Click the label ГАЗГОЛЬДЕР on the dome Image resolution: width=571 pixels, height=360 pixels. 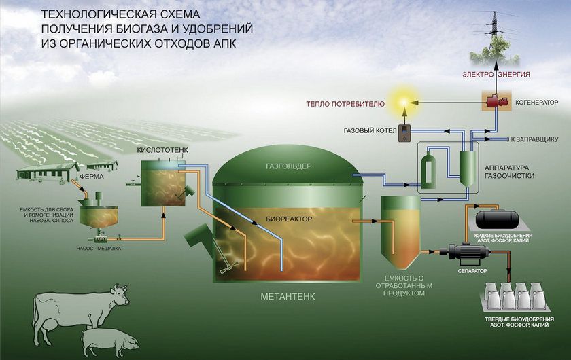(289, 166)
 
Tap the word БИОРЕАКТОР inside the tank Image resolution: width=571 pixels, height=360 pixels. (289, 219)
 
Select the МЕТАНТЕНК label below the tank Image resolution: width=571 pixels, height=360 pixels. (288, 297)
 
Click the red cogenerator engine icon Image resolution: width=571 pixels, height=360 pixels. (495, 100)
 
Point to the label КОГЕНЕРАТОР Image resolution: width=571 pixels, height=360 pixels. (536, 103)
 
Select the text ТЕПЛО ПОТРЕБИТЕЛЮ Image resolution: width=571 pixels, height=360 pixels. (345, 104)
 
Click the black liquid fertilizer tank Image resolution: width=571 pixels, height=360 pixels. (497, 217)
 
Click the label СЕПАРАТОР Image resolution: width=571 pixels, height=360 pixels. (472, 271)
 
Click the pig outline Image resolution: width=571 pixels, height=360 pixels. (109, 342)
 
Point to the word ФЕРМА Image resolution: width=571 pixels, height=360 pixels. (92, 177)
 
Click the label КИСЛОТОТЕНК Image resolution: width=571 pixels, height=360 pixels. (162, 150)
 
